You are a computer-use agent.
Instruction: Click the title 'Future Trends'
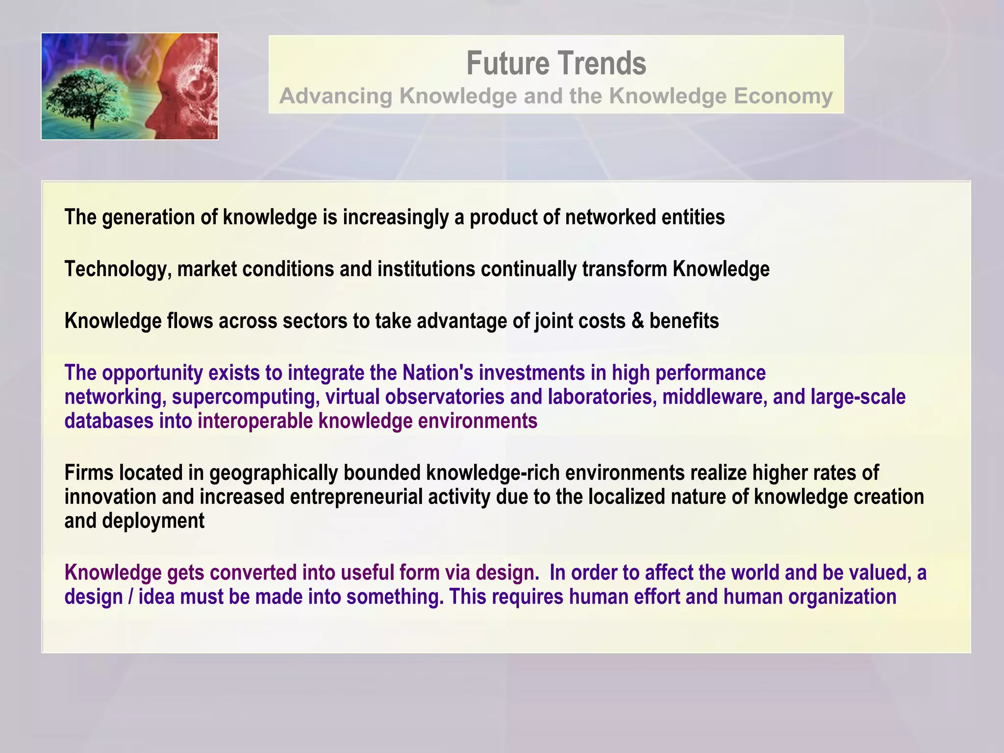[556, 63]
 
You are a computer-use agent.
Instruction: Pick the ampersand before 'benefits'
[637, 321]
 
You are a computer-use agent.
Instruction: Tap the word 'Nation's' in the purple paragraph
[438, 373]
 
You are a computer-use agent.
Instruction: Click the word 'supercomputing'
[246, 397]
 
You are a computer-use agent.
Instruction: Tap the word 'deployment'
[153, 521]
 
